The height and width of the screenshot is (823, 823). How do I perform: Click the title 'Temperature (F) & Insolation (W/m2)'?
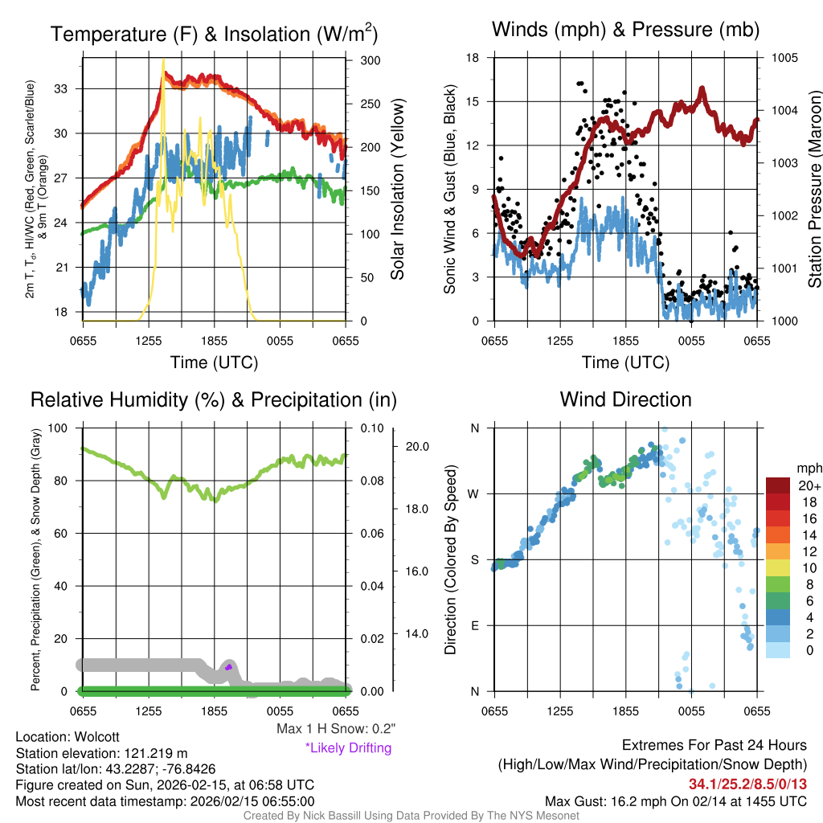point(214,34)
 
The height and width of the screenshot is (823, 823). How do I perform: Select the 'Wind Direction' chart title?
point(625,399)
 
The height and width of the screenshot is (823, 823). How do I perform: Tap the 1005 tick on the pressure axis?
point(784,58)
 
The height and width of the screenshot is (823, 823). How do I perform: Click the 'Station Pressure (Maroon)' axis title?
point(813,190)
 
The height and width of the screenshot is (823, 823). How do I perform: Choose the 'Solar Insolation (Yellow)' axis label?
point(397,190)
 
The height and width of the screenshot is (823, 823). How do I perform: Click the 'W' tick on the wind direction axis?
point(475,493)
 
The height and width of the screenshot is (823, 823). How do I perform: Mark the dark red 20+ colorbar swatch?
point(778,485)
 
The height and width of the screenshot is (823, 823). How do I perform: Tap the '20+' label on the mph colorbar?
point(808,486)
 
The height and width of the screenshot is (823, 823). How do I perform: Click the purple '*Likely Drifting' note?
point(348,747)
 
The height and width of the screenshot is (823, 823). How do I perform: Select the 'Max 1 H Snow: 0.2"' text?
point(336,729)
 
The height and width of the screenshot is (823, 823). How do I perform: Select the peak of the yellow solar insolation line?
point(164,59)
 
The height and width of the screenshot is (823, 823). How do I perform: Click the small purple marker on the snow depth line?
point(228,667)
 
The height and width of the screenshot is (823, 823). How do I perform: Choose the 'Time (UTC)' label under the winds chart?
point(625,362)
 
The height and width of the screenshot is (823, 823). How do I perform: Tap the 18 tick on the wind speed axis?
point(473,58)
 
